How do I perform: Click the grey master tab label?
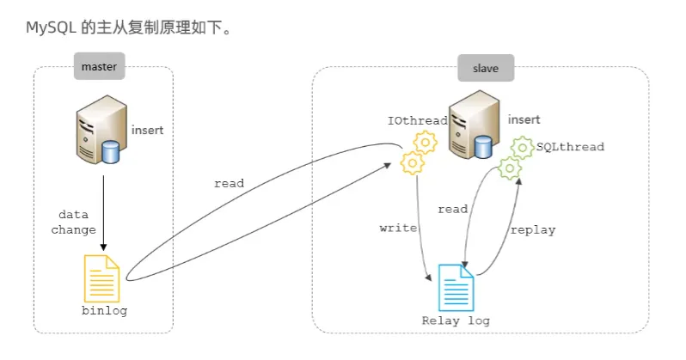(x=99, y=66)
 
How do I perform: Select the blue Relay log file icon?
(x=456, y=287)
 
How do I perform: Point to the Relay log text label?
(x=456, y=321)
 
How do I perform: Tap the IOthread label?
(x=418, y=121)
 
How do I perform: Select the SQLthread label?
(x=570, y=147)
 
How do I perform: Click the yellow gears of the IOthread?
(x=419, y=152)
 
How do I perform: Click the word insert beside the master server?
(x=147, y=131)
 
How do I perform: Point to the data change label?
(x=74, y=222)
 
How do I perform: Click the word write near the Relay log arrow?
(x=397, y=229)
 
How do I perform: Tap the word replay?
(x=533, y=230)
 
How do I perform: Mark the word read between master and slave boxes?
(x=230, y=183)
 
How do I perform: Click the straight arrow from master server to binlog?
(x=103, y=211)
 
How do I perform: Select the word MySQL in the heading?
(x=51, y=28)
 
